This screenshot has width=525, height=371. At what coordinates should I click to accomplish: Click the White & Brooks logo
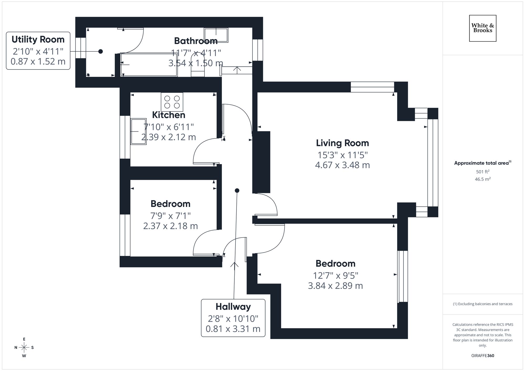[x=482, y=28]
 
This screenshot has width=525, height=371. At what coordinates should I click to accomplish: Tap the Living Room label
[x=342, y=143]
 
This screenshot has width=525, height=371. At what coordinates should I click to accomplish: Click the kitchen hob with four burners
[x=172, y=102]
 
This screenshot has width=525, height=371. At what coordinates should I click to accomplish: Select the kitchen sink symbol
[x=138, y=131]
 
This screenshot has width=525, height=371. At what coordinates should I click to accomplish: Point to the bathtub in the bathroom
[x=149, y=65]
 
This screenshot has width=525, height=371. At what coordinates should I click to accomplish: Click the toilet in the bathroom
[x=197, y=66]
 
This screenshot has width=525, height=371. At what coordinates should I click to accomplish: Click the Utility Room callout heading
[x=38, y=40]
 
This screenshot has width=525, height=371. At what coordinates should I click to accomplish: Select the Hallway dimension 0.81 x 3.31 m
[x=233, y=329]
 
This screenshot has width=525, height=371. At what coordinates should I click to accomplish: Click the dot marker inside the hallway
[x=237, y=191]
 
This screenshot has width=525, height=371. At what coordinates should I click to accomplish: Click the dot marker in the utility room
[x=101, y=51]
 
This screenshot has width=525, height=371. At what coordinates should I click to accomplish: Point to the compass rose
[x=24, y=348]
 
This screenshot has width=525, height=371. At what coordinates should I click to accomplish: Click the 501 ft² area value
[x=482, y=172]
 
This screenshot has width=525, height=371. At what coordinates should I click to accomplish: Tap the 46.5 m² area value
[x=482, y=179]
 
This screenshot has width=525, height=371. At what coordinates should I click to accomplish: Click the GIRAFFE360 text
[x=482, y=356]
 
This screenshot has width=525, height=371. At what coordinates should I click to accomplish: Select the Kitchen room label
[x=169, y=115]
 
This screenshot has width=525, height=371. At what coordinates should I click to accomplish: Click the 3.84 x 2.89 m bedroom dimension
[x=335, y=286]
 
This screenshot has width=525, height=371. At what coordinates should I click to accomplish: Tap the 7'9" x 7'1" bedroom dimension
[x=170, y=216]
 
